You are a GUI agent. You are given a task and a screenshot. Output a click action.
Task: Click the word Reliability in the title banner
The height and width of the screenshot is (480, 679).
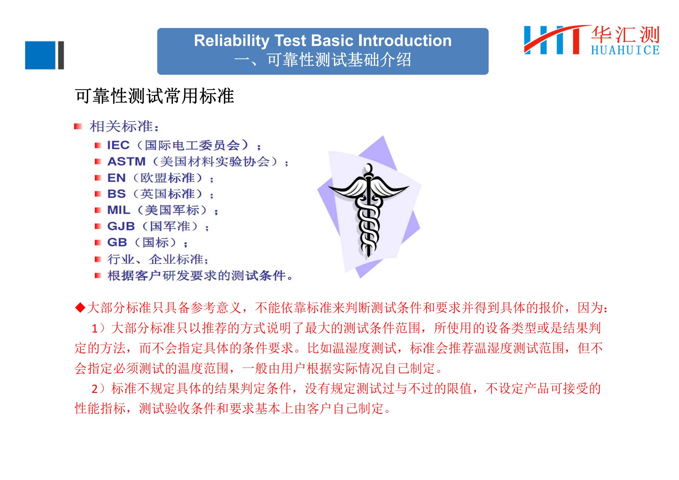point(231,41)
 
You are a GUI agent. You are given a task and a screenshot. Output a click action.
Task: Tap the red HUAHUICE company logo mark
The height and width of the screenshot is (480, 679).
point(556,40)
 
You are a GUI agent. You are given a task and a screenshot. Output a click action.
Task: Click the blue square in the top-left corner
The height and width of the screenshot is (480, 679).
point(40,55)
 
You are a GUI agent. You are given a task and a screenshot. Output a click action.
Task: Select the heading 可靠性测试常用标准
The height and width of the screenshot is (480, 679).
point(154,96)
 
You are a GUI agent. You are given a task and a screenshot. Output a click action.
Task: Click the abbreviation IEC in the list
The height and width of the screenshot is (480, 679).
point(118,145)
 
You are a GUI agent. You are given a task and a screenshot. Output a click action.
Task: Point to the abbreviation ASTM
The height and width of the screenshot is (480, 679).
point(127,161)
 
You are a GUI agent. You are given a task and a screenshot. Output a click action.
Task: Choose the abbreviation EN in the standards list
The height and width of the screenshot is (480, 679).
point(116,178)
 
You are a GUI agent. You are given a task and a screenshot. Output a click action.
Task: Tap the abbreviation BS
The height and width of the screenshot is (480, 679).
point(116,194)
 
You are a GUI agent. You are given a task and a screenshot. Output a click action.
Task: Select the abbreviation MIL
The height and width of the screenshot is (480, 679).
point(119,210)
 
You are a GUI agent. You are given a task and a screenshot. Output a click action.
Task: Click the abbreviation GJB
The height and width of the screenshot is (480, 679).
point(121,226)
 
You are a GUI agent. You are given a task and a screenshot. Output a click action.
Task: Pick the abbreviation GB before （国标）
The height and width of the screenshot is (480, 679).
point(117,242)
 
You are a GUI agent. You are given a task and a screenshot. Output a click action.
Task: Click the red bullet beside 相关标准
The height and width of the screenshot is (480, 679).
point(78,127)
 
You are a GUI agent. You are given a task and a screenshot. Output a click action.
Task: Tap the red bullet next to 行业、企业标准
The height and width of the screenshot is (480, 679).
point(98,259)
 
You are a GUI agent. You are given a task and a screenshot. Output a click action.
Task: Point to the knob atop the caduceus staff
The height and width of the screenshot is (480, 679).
point(368,169)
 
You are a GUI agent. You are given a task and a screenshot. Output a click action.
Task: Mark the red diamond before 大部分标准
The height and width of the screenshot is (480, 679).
point(80,308)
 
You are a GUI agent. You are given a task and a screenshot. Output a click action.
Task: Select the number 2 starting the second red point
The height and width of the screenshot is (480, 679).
point(95,389)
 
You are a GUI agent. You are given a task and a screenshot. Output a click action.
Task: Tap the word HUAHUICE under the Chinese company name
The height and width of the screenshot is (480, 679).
point(625,50)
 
